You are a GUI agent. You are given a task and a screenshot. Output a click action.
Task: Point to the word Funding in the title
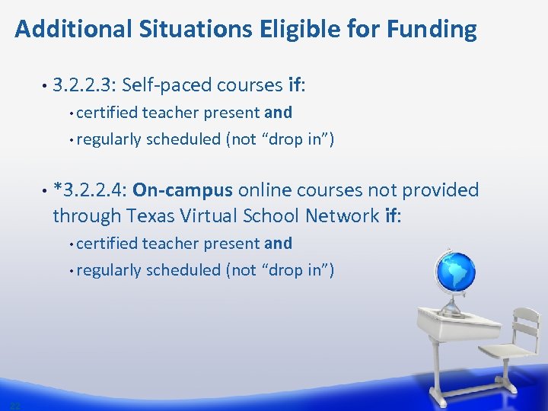coord(432,30)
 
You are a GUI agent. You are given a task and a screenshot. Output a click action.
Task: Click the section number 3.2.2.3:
coord(84,84)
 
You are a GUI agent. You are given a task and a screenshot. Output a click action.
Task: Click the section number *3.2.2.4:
coord(91,190)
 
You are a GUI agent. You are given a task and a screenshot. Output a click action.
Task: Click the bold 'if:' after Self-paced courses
coord(297,84)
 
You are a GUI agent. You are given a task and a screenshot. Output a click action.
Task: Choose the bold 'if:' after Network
coord(393,216)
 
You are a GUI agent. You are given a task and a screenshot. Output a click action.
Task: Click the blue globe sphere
coord(455,271)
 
